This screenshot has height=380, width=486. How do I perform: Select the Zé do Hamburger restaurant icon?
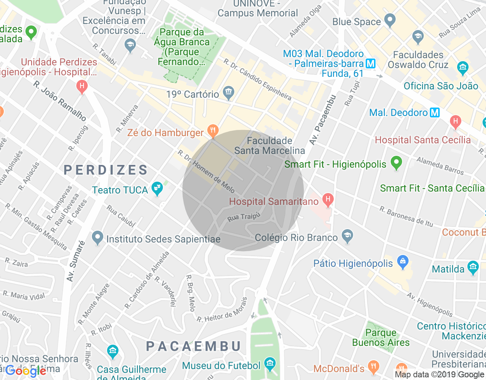point(213,131)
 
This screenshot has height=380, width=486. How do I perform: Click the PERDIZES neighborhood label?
point(106,170)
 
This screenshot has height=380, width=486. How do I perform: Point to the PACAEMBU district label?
point(194,346)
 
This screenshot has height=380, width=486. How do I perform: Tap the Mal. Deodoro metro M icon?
point(434,112)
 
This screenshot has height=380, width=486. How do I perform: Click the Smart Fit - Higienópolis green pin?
point(396,163)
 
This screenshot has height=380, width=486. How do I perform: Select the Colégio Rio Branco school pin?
point(347,236)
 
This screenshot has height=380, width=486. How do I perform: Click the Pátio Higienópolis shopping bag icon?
point(402,261)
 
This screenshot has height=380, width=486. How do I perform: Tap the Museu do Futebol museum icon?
point(270,364)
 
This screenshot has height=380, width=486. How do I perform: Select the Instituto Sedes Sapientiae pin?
point(98,237)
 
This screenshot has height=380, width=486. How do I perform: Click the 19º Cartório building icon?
point(229,92)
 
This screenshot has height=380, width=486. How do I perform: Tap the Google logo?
point(26,371)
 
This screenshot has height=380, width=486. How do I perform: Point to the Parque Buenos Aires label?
point(381,337)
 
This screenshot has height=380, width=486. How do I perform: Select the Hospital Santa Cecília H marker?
point(455,122)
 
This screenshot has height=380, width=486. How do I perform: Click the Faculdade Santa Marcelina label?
point(270,146)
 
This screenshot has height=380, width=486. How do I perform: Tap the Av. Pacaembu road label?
point(322,120)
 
